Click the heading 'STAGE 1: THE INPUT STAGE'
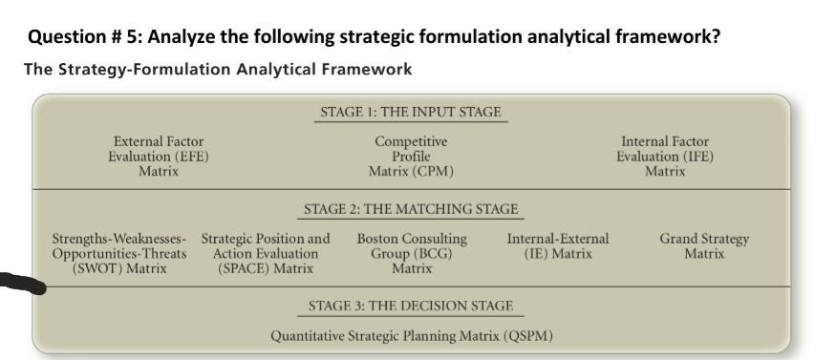coord(411,113)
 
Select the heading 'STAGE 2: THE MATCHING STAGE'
coord(411,209)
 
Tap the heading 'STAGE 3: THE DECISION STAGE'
coord(411,307)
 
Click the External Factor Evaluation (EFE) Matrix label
coord(159,157)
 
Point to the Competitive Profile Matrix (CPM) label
coord(411,157)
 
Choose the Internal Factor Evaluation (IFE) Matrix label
coord(665,157)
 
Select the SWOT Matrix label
coord(119,254)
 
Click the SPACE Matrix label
coord(266,254)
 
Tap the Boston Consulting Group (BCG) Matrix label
coord(412,254)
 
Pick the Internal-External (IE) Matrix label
coord(558,246)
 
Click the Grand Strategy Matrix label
coord(704,246)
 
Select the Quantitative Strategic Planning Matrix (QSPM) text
coord(411,336)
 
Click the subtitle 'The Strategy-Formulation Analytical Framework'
coord(219,70)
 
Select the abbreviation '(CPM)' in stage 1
coord(432,172)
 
